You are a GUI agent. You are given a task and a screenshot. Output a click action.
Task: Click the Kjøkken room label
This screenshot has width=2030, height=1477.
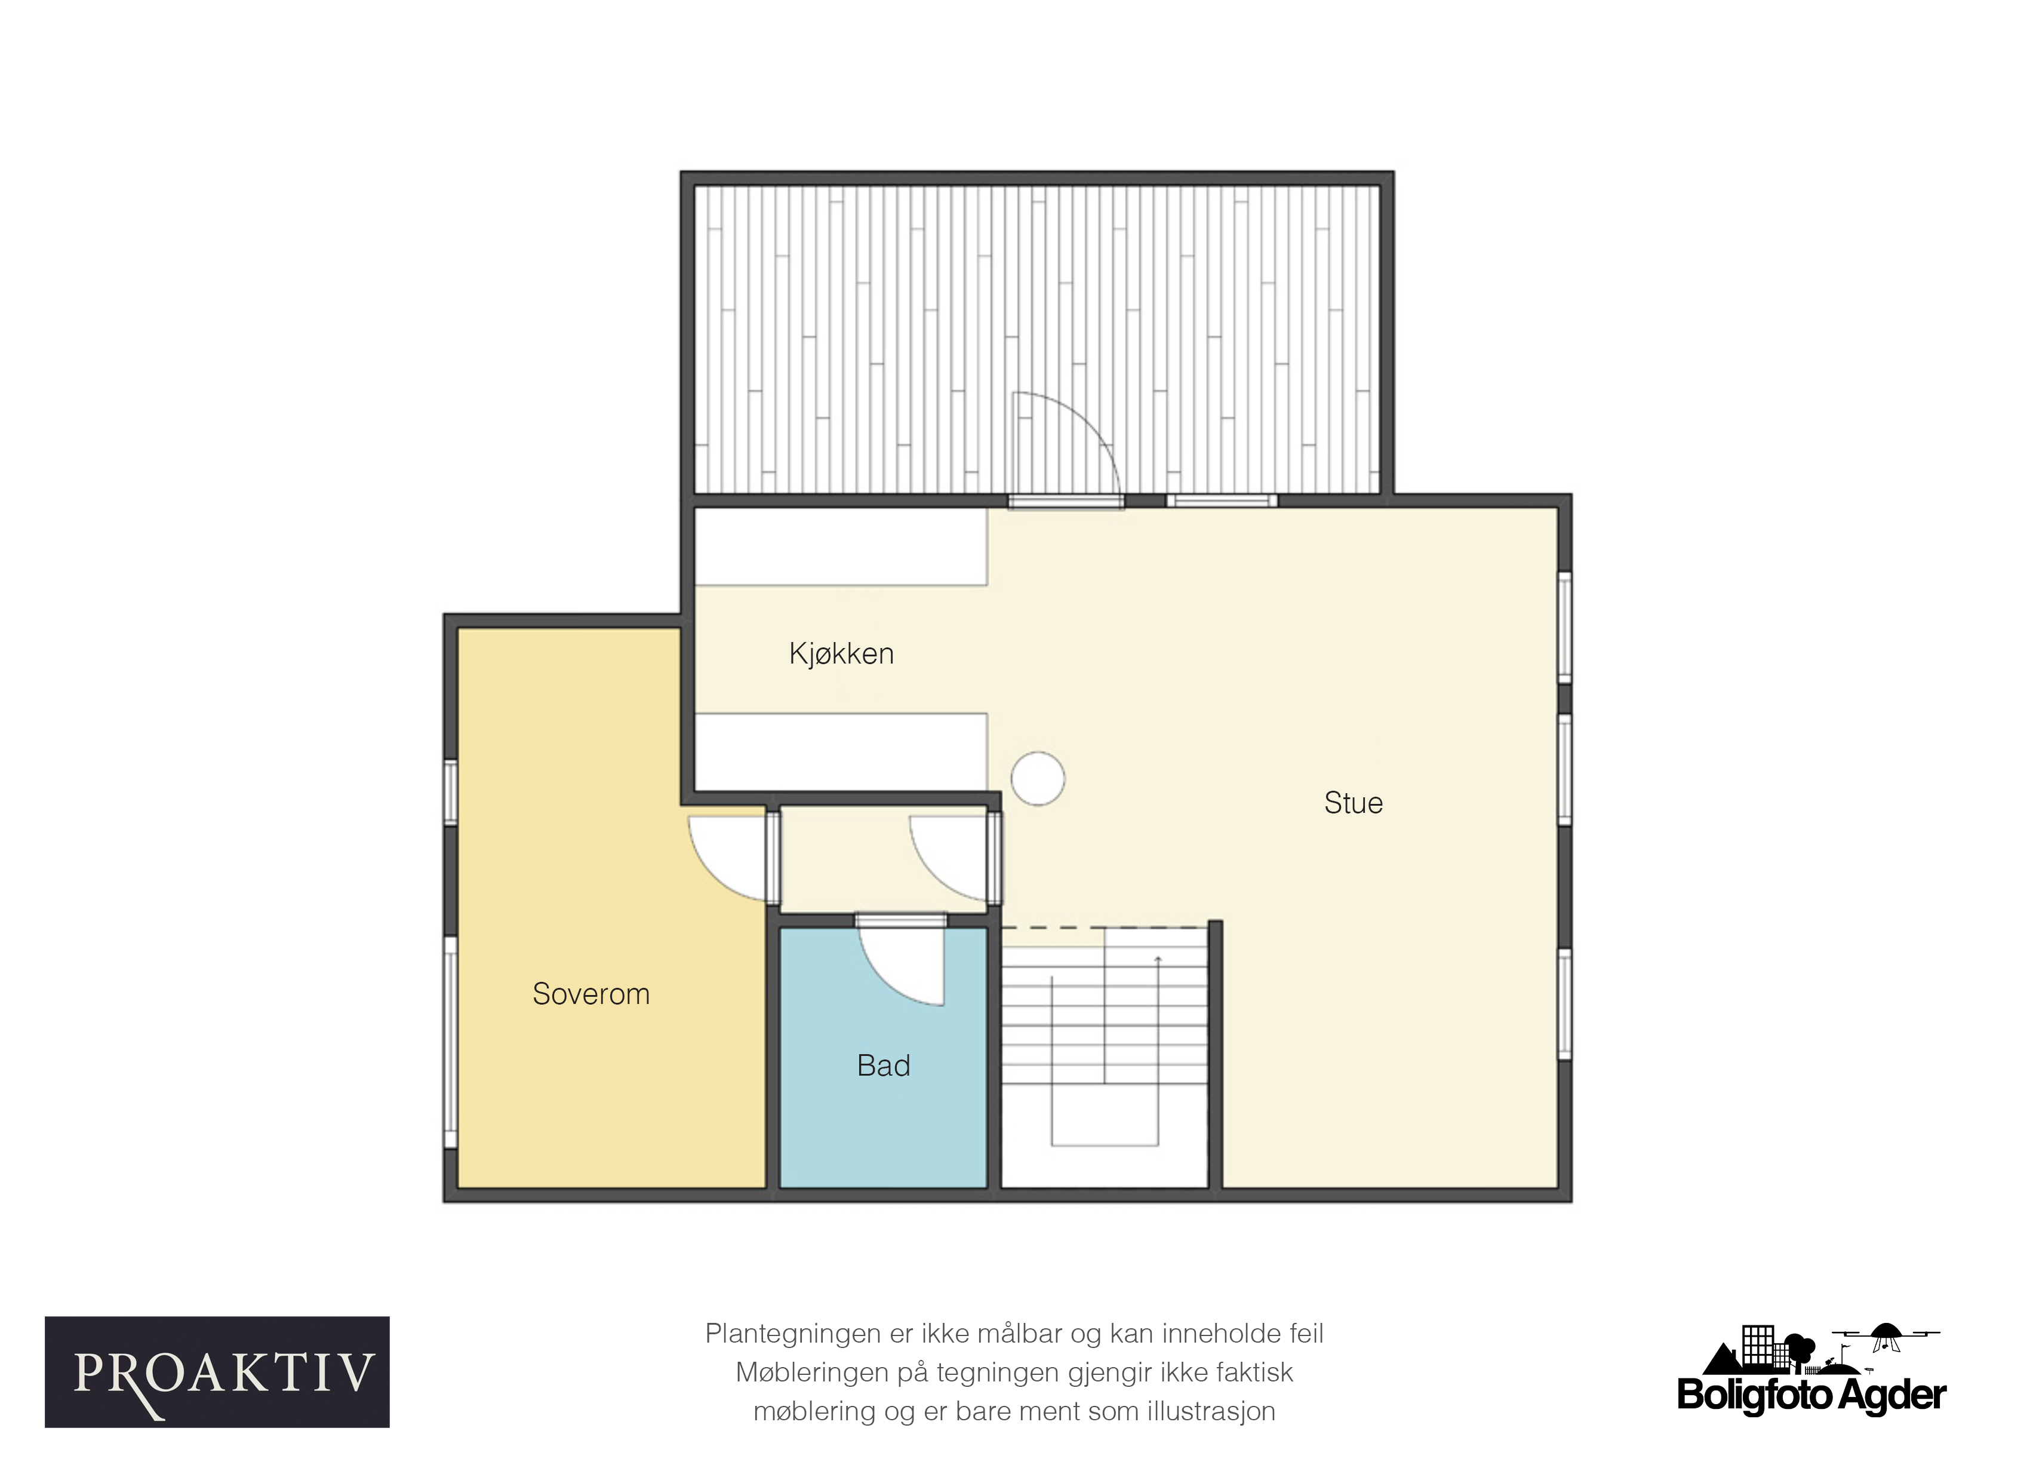[841, 655]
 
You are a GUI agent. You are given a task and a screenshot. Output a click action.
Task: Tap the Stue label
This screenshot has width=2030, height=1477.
[1354, 803]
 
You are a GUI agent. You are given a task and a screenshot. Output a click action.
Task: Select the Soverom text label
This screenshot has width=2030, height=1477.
[590, 994]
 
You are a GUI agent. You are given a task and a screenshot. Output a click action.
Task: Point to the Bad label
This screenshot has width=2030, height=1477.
[884, 1066]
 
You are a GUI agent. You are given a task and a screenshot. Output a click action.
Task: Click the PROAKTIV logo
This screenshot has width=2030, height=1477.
[217, 1372]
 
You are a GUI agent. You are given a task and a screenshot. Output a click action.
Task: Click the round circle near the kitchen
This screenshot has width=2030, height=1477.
[1038, 779]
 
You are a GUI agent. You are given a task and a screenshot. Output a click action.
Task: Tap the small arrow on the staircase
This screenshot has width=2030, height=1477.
[1158, 960]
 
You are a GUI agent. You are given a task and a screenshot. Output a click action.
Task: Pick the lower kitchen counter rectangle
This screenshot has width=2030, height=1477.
[841, 753]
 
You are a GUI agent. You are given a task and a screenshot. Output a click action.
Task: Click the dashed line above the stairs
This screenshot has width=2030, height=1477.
[1105, 928]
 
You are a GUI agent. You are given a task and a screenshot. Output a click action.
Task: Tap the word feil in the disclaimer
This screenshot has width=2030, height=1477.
[1306, 1334]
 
